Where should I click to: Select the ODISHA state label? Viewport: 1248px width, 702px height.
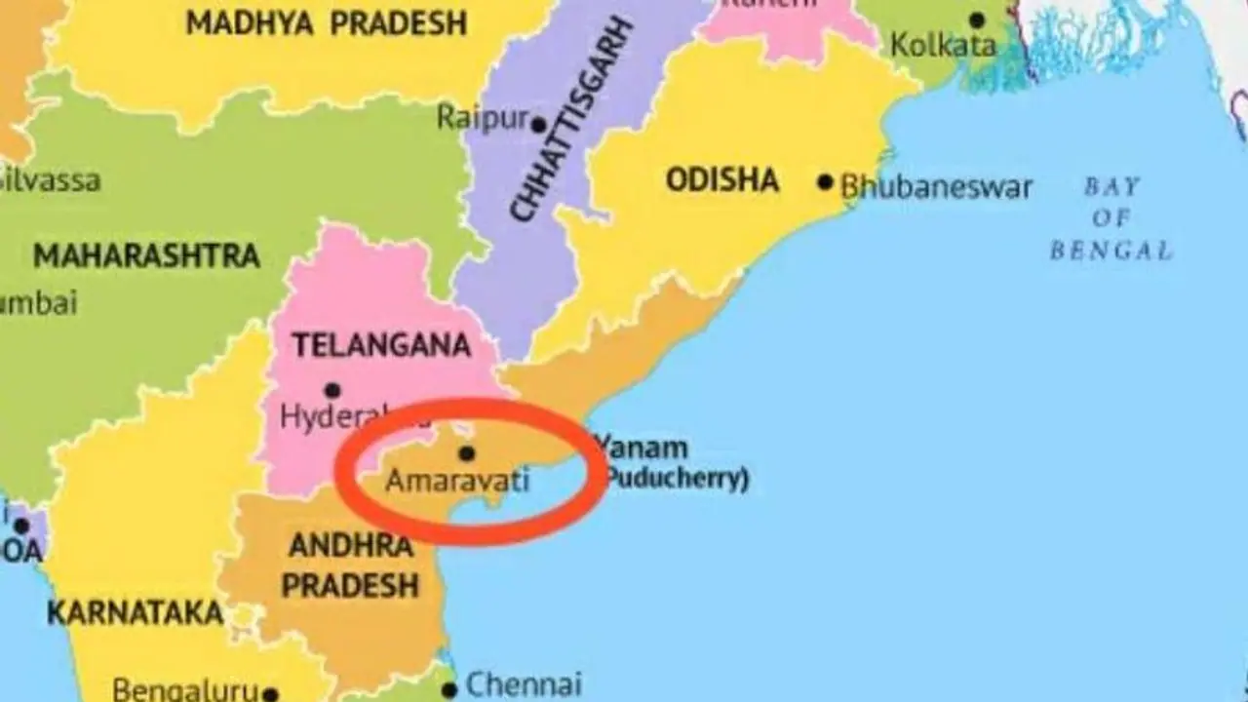[722, 180]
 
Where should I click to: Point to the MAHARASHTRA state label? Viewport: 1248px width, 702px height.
[146, 256]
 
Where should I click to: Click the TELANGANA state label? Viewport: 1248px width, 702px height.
[381, 345]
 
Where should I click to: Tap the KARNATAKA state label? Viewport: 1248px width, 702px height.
[135, 613]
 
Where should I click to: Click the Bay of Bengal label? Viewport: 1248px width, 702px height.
[1111, 217]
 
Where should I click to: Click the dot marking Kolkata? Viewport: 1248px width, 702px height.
[977, 19]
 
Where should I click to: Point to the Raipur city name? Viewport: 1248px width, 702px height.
[482, 118]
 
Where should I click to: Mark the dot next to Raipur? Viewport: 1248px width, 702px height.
[537, 125]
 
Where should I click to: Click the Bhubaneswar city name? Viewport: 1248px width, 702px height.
[936, 186]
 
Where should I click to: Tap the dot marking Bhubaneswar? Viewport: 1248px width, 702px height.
[826, 181]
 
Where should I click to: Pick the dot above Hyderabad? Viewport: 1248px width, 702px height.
[332, 390]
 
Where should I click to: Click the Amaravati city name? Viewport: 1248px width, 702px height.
[457, 481]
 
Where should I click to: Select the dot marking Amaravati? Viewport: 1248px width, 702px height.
[466, 453]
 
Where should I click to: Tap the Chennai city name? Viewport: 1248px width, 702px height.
[524, 684]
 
